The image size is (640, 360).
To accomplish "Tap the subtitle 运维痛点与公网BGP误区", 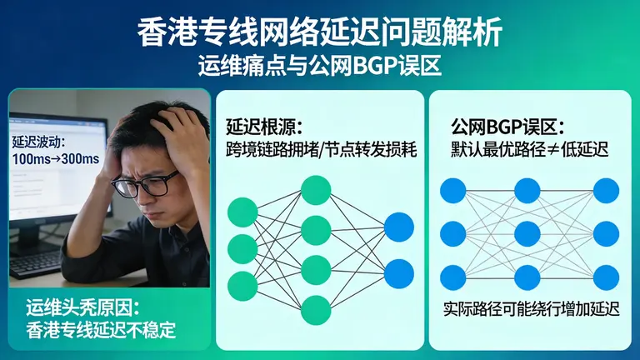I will (x=320, y=64).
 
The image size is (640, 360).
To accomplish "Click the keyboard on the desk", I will (x=33, y=262).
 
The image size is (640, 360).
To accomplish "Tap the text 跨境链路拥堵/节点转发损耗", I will (x=321, y=150).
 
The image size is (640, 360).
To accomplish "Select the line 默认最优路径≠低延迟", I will (x=529, y=150).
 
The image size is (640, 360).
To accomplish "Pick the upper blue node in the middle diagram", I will (x=399, y=227).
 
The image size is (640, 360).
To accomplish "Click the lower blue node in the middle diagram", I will (x=399, y=273).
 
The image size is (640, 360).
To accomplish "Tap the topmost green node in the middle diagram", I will (x=316, y=190).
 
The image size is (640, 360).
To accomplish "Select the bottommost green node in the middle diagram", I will (x=316, y=309).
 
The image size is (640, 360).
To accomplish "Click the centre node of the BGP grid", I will (x=527, y=233).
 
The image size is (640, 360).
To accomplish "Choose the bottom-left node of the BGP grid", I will (x=453, y=276).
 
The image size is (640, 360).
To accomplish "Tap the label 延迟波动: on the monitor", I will (x=37, y=142).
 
